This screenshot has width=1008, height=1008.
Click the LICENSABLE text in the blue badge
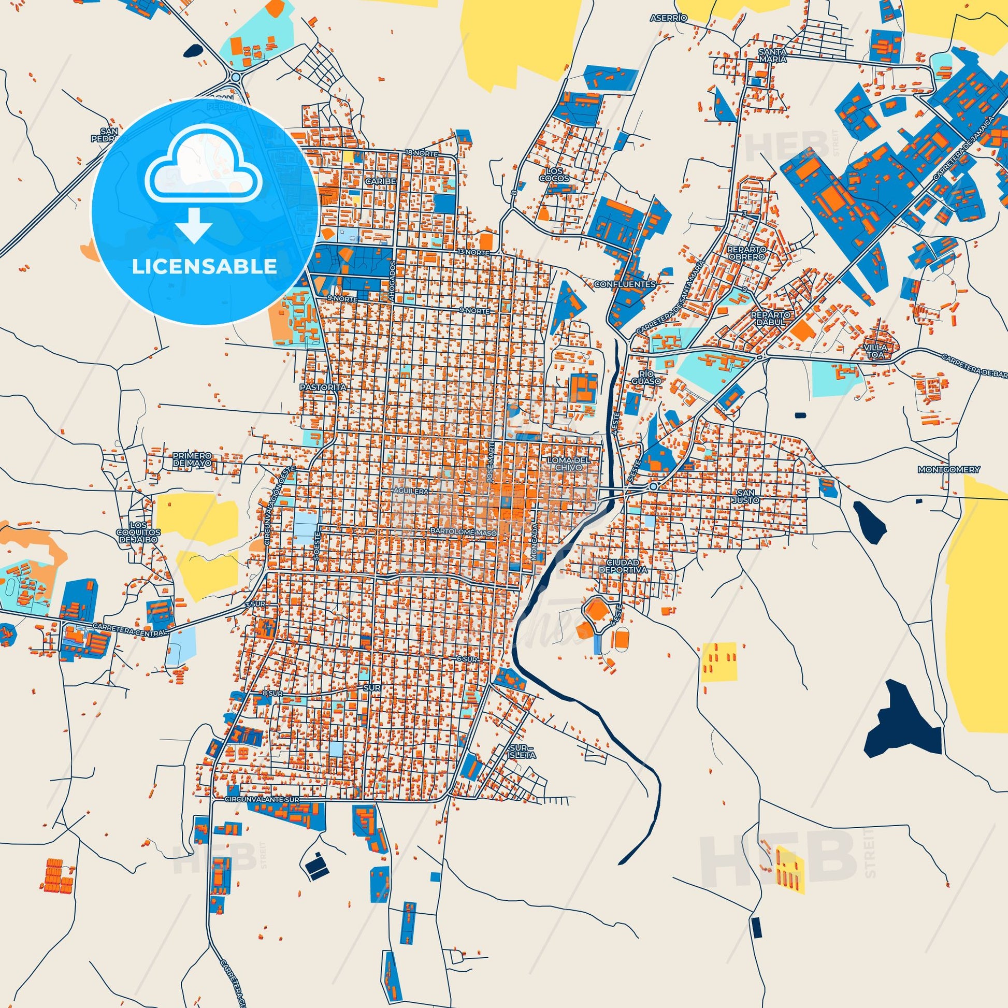tap(204, 266)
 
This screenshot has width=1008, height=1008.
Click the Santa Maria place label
tap(772, 55)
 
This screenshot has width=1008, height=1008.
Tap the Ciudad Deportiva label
tap(626, 567)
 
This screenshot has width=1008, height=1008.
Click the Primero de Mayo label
tap(193, 459)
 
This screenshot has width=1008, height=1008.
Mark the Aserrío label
tap(669, 18)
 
